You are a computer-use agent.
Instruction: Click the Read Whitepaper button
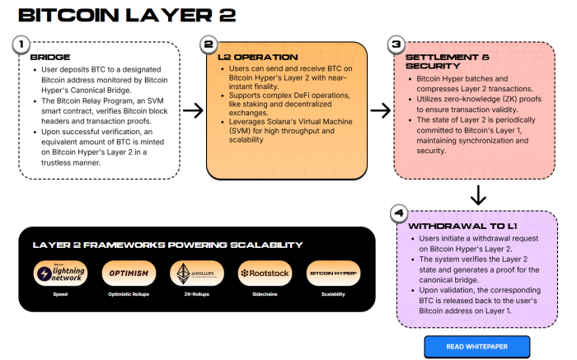(x=476, y=346)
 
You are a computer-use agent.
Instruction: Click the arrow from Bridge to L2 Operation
(x=192, y=110)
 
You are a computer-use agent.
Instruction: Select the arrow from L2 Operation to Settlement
(x=380, y=110)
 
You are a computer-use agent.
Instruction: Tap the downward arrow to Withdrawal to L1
(x=477, y=196)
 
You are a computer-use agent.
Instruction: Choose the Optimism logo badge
(x=128, y=273)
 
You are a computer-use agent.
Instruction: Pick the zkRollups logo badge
(x=195, y=273)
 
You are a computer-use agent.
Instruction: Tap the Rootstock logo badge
(x=263, y=273)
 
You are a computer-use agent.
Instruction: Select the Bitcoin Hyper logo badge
(x=332, y=273)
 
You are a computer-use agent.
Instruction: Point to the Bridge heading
(x=50, y=57)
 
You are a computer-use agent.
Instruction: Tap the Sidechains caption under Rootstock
(x=263, y=294)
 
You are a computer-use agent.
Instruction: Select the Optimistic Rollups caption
(x=128, y=294)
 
